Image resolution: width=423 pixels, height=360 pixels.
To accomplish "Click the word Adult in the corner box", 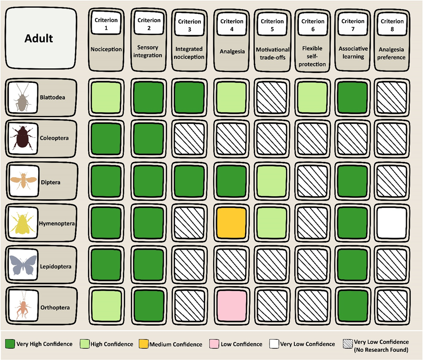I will click(x=38, y=38).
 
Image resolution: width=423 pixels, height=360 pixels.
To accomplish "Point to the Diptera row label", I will click(x=50, y=183).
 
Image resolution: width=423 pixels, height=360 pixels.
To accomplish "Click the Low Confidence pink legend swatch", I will click(x=213, y=344).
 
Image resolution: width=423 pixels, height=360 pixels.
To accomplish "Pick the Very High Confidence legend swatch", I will click(x=9, y=344).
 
